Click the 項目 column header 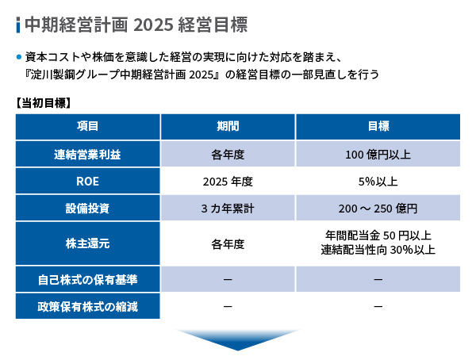click(x=87, y=126)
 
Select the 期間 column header click(x=228, y=126)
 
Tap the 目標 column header click(x=378, y=126)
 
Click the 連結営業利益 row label click(x=87, y=155)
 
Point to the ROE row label click(x=87, y=182)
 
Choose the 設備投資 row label click(x=87, y=209)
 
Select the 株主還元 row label click(x=87, y=243)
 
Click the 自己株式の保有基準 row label click(x=87, y=280)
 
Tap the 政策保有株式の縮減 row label click(x=87, y=307)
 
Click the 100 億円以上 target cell click(x=378, y=155)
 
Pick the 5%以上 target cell click(x=378, y=182)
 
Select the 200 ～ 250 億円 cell click(x=378, y=209)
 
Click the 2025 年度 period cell click(x=228, y=182)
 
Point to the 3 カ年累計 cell click(x=228, y=209)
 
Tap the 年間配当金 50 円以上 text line click(x=378, y=236)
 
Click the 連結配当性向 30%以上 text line click(x=378, y=250)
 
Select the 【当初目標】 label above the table click(x=43, y=103)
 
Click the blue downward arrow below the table click(x=238, y=340)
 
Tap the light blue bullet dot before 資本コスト click(x=19, y=57)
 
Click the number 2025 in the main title click(x=153, y=25)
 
